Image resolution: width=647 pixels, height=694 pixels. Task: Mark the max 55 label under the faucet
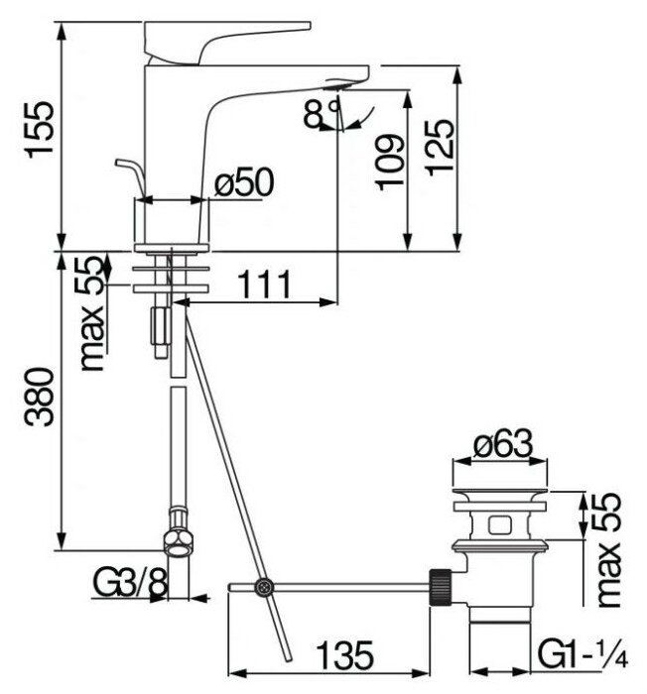point(92,313)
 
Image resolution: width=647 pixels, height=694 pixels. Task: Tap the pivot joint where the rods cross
point(262,587)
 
